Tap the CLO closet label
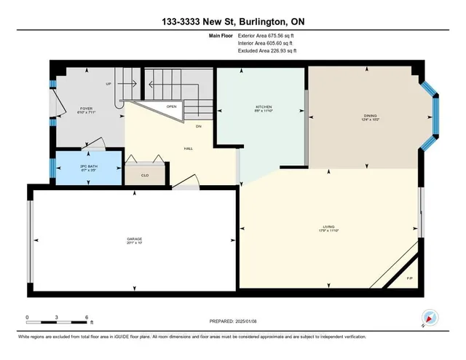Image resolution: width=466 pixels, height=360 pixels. point(144,174)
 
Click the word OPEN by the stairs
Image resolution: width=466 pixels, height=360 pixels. point(172,106)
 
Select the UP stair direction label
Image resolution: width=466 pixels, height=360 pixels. point(108,84)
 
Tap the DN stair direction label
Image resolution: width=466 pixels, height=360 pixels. point(197,126)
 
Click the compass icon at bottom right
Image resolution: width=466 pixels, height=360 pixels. point(430,317)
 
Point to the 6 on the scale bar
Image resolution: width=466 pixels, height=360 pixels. point(86,318)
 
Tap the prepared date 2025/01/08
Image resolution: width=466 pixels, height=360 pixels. point(246,320)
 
